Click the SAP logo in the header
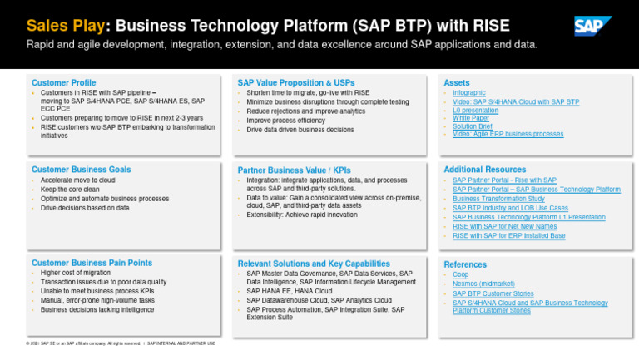click(x=592, y=26)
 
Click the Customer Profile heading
click(x=63, y=83)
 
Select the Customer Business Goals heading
click(x=81, y=170)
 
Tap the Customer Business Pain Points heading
click(x=92, y=263)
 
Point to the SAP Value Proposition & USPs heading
click(x=296, y=83)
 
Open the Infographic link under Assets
click(x=469, y=93)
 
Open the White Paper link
click(x=471, y=118)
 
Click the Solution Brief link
click(x=473, y=126)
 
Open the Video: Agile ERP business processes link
click(x=508, y=134)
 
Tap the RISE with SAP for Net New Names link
click(x=504, y=226)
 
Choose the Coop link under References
click(x=461, y=274)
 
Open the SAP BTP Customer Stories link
click(x=493, y=293)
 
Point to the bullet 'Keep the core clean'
click(x=70, y=190)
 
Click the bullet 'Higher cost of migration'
click(x=76, y=273)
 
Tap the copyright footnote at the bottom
click(x=121, y=343)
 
